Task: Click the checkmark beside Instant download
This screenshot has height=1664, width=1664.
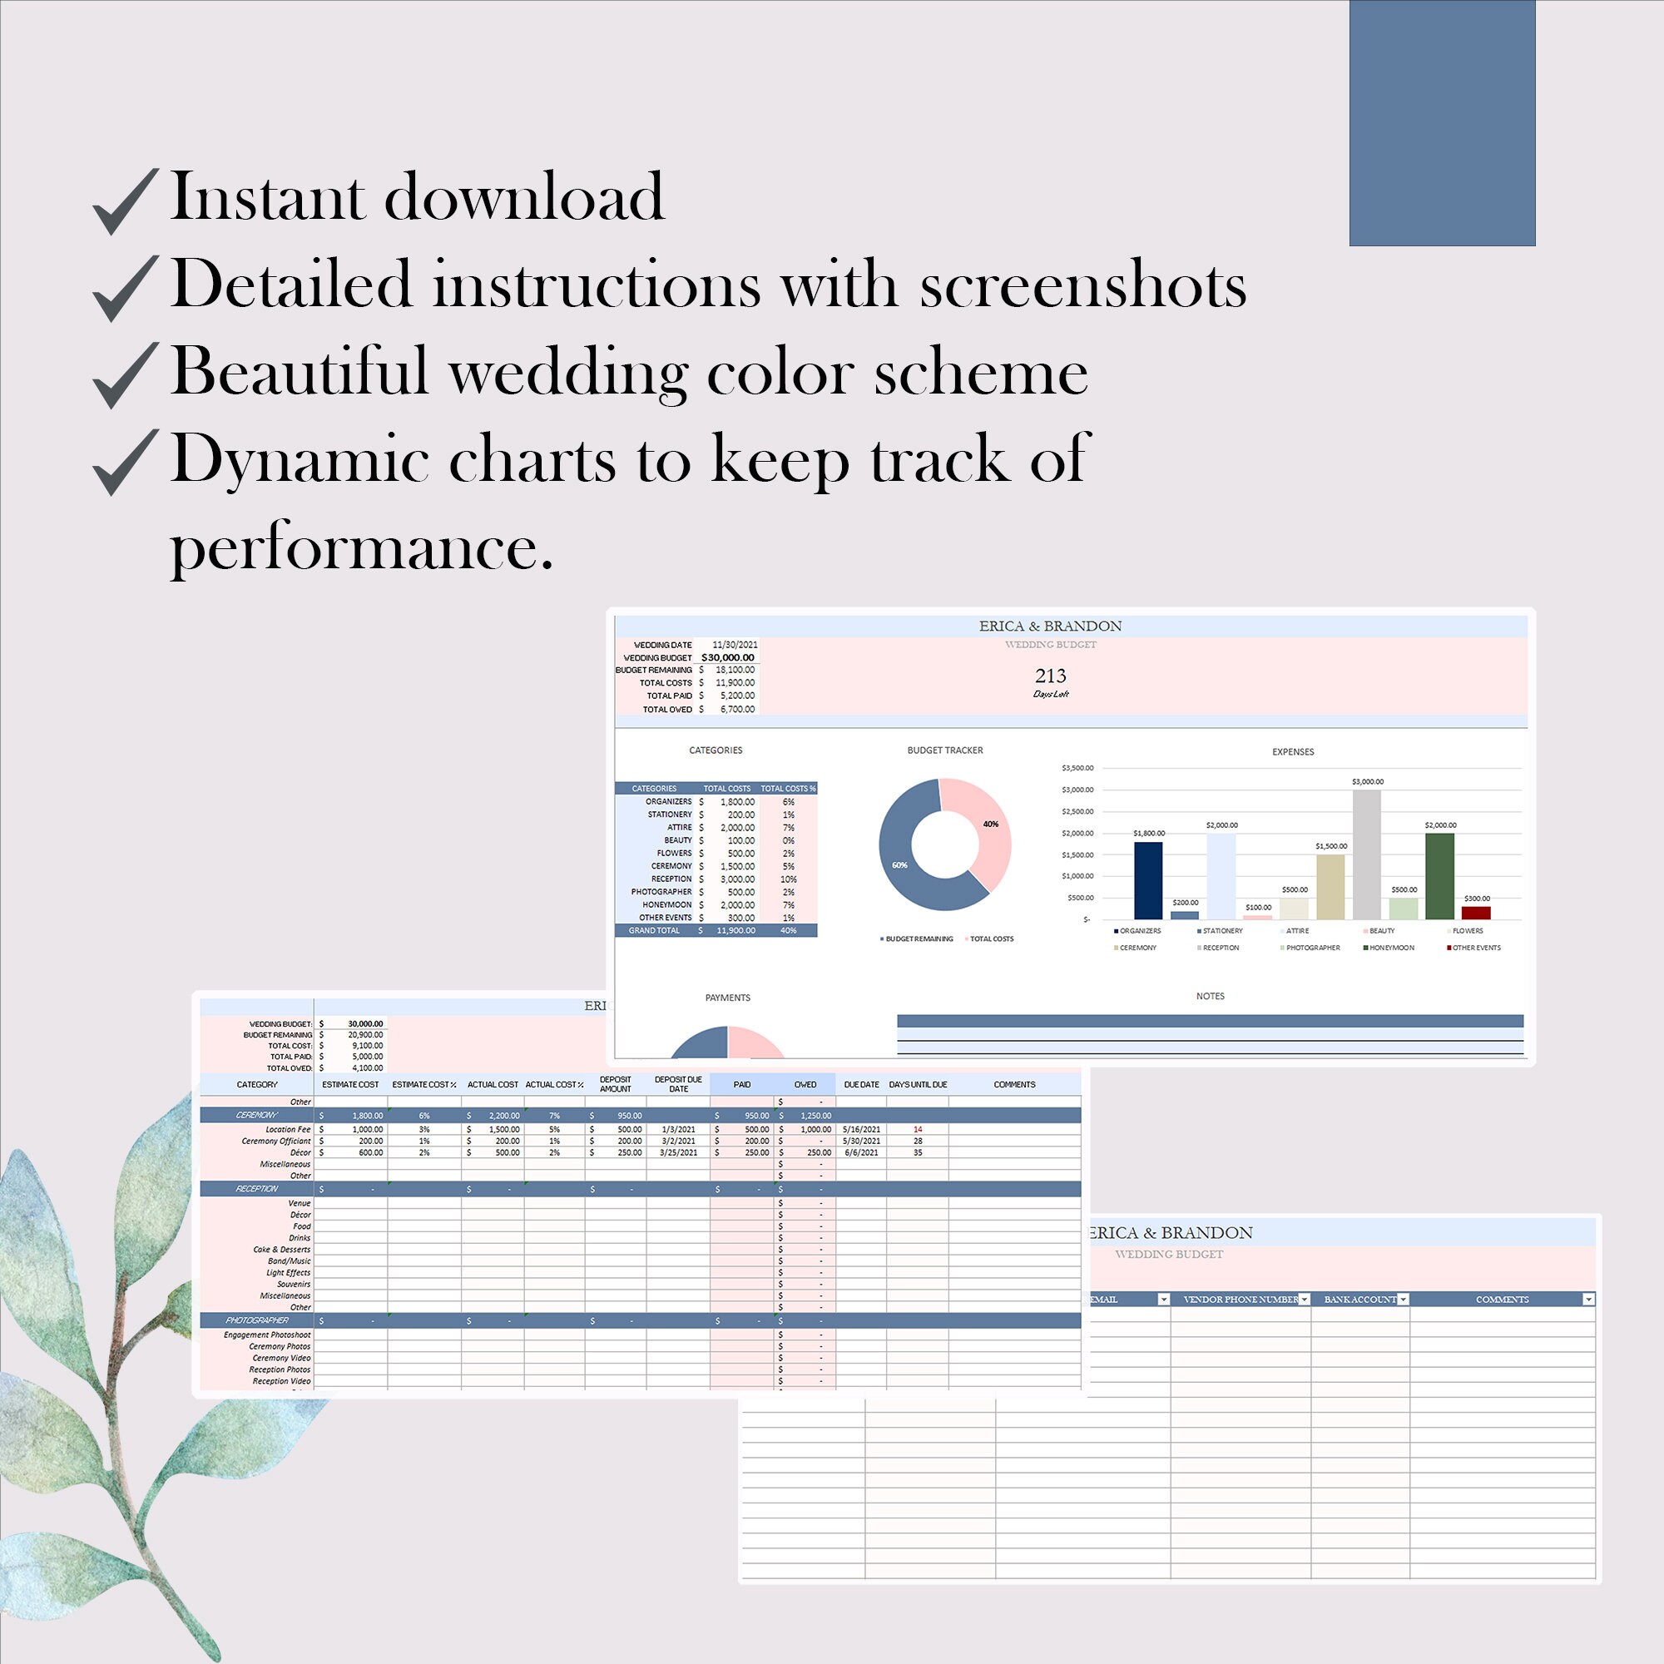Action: click(125, 200)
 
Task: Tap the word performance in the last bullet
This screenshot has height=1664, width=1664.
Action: click(361, 547)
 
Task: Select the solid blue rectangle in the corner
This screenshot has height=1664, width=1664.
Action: click(1442, 122)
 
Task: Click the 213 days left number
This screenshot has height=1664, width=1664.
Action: click(1050, 676)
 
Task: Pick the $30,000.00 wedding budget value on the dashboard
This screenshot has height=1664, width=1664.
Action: click(728, 657)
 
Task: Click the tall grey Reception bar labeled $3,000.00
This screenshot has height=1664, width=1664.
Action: click(1367, 854)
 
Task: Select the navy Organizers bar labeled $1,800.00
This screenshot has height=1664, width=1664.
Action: click(1148, 879)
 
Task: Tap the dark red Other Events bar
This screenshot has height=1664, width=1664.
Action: click(1476, 912)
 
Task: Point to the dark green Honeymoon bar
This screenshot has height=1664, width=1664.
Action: click(1440, 875)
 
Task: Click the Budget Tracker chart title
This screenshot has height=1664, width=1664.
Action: click(945, 750)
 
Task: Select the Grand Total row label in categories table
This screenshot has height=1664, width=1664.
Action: click(654, 930)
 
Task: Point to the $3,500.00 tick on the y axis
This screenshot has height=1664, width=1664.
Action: click(1077, 767)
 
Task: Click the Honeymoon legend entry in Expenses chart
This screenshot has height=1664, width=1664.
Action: click(1389, 948)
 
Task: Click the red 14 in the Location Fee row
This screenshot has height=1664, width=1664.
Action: click(919, 1129)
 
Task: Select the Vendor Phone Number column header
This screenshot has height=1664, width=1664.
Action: click(1241, 1300)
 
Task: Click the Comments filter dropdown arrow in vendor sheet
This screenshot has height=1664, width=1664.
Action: click(1588, 1300)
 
